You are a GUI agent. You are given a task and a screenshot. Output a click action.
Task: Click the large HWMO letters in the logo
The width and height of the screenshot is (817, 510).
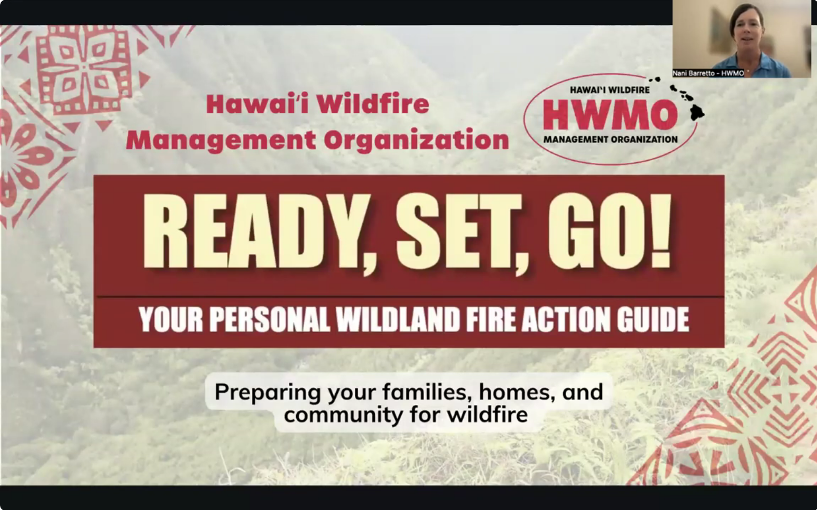(x=610, y=115)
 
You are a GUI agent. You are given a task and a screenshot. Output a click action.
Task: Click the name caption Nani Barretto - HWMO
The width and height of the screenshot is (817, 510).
(x=708, y=73)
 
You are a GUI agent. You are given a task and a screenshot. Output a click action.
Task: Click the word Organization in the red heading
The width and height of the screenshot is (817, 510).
(x=416, y=140)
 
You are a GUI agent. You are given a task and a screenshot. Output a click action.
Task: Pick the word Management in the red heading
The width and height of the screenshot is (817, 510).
(x=221, y=140)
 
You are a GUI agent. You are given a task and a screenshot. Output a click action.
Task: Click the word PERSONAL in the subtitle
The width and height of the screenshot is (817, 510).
(x=269, y=319)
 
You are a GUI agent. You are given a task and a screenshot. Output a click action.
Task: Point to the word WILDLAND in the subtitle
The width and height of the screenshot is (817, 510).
(x=398, y=319)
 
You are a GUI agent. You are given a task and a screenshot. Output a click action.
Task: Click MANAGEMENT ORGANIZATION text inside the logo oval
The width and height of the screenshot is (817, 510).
(x=610, y=139)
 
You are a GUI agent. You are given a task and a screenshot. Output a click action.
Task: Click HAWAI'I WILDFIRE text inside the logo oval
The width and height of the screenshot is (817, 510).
(x=609, y=90)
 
